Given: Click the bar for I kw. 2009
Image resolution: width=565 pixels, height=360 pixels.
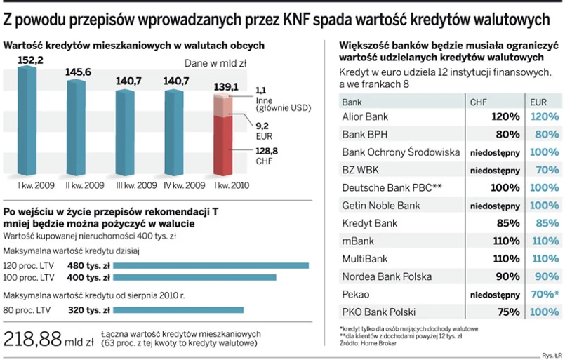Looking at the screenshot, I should click(x=27, y=123).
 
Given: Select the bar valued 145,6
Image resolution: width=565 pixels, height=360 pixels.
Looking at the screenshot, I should click(x=76, y=126).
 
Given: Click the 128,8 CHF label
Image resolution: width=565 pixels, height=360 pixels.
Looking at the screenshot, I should click(x=266, y=155).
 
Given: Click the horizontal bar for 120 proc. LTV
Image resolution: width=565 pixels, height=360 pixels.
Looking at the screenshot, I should click(x=211, y=265).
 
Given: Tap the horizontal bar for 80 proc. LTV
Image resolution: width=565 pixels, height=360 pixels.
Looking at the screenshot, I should click(x=178, y=309).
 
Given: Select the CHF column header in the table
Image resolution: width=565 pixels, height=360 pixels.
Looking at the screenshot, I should click(x=477, y=102).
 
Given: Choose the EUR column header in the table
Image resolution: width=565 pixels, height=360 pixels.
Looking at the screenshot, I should click(x=538, y=102).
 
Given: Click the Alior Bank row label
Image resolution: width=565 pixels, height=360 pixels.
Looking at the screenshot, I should click(x=365, y=116).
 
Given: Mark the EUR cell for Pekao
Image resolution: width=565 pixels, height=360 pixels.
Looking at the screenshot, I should click(x=545, y=295).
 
